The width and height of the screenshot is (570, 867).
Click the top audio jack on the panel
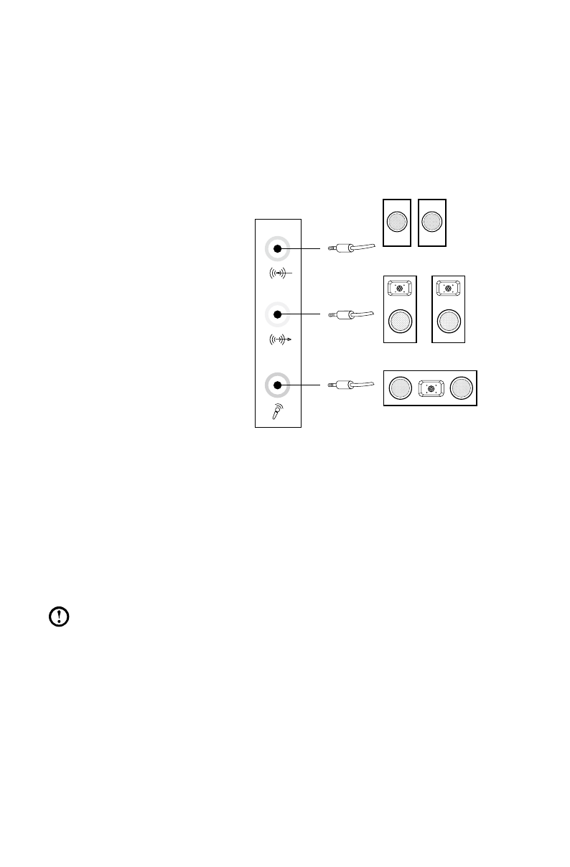tap(277, 249)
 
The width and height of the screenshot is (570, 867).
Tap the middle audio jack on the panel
tap(277, 314)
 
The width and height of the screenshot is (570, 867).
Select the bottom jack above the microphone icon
tap(277, 385)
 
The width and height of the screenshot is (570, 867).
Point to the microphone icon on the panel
tap(276, 412)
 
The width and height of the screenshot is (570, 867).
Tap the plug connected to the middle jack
tap(345, 314)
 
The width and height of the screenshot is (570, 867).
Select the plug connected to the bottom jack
tap(345, 385)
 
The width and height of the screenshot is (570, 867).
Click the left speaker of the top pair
tap(397, 222)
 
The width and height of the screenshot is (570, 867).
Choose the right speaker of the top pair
tap(432, 222)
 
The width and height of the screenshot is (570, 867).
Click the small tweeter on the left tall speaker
tap(401, 289)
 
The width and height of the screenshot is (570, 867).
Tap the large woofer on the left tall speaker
tap(401, 320)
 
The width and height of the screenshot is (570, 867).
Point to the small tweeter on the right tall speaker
tap(449, 289)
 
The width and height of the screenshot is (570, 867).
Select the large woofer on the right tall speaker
tap(449, 320)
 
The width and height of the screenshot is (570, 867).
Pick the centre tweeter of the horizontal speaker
tap(431, 388)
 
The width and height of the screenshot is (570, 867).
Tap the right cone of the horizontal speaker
tap(462, 388)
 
